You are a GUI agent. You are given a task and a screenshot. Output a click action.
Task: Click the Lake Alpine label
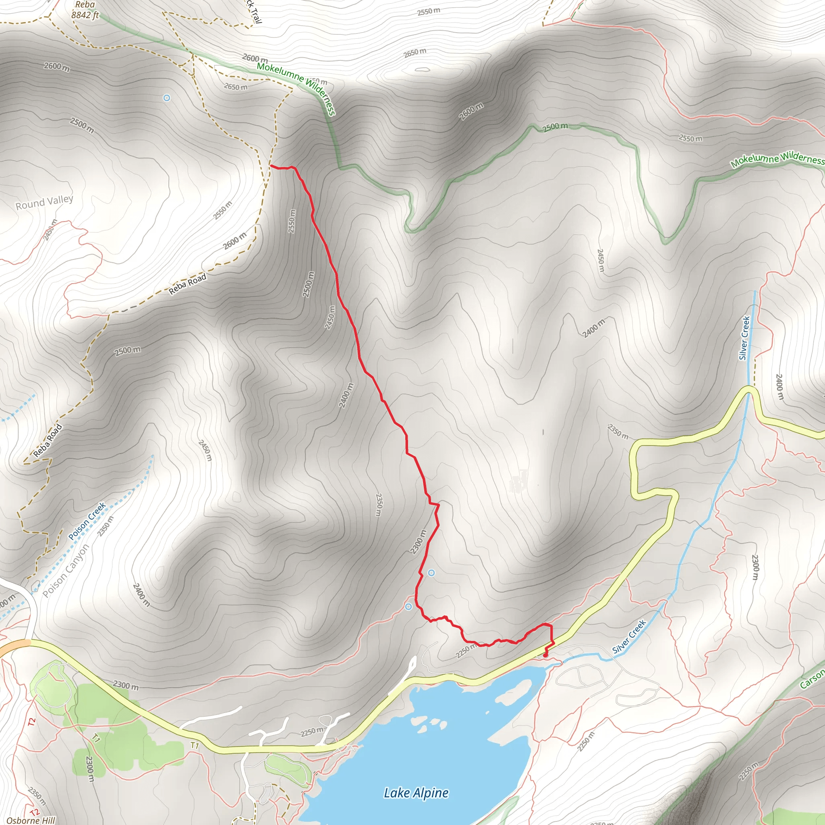tap(416, 793)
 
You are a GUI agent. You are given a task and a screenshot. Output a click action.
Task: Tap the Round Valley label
tap(44, 202)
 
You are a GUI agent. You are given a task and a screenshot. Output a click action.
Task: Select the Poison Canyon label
tap(66, 571)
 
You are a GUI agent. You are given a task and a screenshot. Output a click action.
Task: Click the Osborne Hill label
tap(31, 820)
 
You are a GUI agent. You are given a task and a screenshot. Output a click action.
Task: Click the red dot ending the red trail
tap(545, 655)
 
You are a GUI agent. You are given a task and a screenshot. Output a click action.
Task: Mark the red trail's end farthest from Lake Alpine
tap(271, 166)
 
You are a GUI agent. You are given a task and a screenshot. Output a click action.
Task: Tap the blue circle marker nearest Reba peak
tap(167, 98)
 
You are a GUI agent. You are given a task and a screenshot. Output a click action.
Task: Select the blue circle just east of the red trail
tap(431, 573)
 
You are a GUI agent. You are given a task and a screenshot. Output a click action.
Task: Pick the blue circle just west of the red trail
tap(408, 607)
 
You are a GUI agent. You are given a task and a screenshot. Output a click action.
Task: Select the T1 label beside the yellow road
tap(195, 745)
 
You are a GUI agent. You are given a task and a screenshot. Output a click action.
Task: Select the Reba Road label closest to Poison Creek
tap(48, 441)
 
